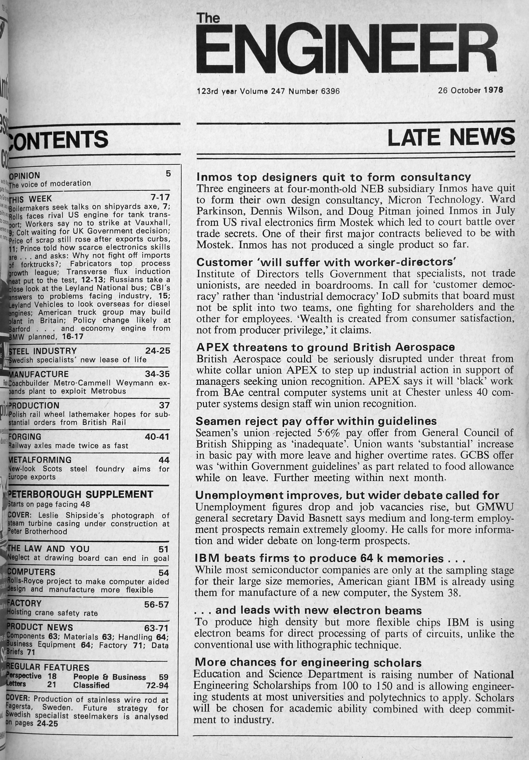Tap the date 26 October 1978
(470, 90)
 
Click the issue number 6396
(330, 91)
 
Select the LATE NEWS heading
(451, 138)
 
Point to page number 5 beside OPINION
(168, 174)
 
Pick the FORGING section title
(25, 437)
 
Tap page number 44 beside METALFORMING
(164, 460)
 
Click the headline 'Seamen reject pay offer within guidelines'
(316, 421)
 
